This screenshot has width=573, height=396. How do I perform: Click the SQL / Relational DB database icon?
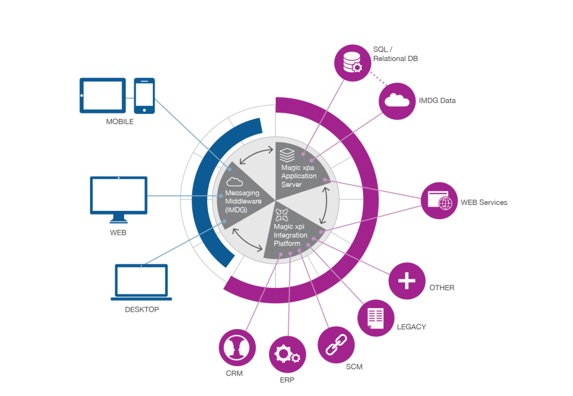pyautogui.click(x=353, y=62)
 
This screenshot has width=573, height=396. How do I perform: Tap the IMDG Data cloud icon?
pyautogui.click(x=397, y=101)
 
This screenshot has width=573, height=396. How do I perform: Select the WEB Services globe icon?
pyautogui.click(x=439, y=201)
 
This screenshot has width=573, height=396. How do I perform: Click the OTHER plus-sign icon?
pyautogui.click(x=406, y=281)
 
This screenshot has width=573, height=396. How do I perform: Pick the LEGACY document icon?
pyautogui.click(x=375, y=318)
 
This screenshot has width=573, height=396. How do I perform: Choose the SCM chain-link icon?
pyautogui.click(x=335, y=345)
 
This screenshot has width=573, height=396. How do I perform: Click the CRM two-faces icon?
pyautogui.click(x=237, y=347)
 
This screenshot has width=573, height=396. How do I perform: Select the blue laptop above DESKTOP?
pyautogui.click(x=141, y=283)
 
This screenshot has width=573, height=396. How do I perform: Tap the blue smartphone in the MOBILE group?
pyautogui.click(x=144, y=96)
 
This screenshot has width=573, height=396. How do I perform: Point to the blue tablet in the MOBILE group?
pyautogui.click(x=103, y=95)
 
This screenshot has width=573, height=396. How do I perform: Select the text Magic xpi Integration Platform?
pyautogui.click(x=291, y=235)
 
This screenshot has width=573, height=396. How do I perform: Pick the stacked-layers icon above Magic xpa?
pyautogui.click(x=288, y=154)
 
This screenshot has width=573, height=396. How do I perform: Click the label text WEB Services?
pyautogui.click(x=483, y=202)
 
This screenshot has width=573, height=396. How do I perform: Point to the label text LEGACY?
pyautogui.click(x=411, y=327)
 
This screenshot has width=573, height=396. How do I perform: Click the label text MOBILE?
pyautogui.click(x=120, y=121)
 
